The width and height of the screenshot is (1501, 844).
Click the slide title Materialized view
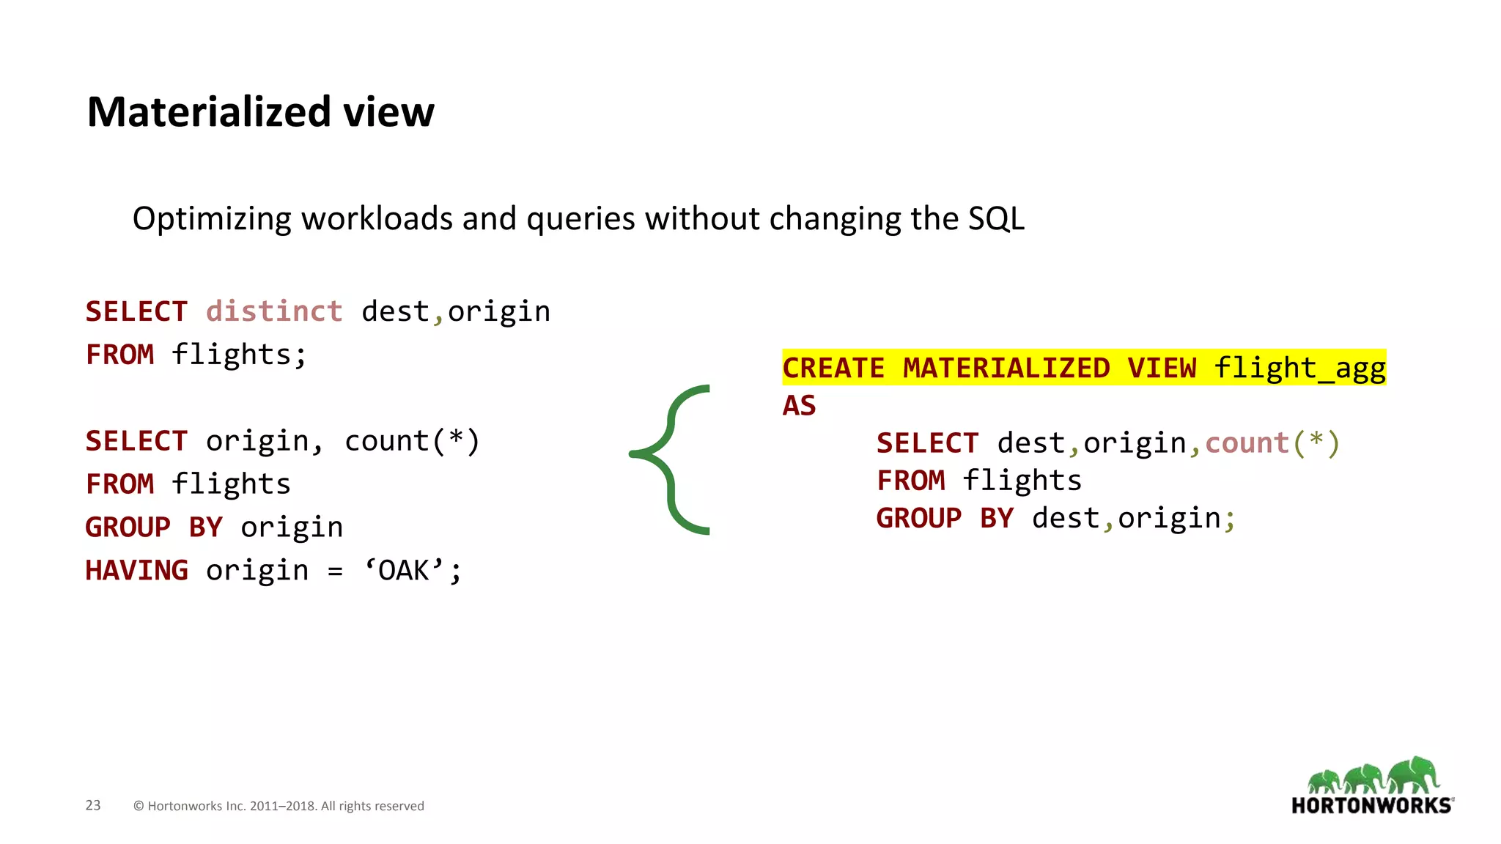click(260, 112)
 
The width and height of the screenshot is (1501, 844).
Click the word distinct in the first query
click(274, 311)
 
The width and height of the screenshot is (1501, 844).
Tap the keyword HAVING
click(137, 570)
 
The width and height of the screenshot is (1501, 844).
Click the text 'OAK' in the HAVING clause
click(404, 570)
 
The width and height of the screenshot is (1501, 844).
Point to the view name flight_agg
click(1299, 368)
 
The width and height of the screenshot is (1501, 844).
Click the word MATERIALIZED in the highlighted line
click(1006, 368)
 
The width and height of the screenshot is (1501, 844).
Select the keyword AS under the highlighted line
click(799, 405)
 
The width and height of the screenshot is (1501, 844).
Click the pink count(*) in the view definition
click(1272, 443)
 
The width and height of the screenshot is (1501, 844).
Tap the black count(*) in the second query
click(412, 441)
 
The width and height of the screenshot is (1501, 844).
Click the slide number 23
click(93, 805)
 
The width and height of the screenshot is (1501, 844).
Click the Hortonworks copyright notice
click(279, 806)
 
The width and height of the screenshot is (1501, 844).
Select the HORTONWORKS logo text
click(1371, 806)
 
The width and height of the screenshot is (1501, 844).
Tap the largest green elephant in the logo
click(1414, 775)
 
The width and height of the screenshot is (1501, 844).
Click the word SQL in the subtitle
click(996, 218)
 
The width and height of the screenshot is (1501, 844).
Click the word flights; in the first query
click(239, 355)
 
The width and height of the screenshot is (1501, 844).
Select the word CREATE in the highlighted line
click(833, 368)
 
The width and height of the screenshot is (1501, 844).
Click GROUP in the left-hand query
click(128, 527)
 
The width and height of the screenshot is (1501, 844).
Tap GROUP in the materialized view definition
click(919, 518)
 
